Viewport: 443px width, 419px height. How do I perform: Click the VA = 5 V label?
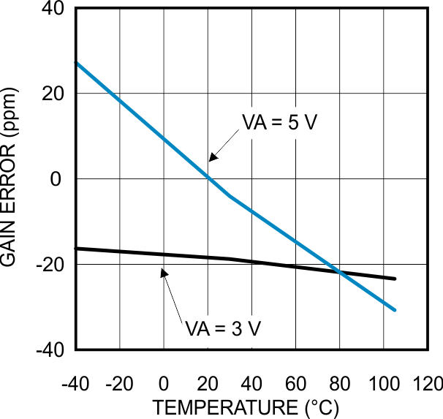click(x=279, y=123)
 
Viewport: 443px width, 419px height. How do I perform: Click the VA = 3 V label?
click(x=223, y=328)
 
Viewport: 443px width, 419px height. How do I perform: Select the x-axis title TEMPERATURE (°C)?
click(x=246, y=407)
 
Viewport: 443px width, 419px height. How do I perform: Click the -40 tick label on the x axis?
click(x=76, y=384)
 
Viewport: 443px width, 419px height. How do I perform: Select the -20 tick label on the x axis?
click(x=120, y=384)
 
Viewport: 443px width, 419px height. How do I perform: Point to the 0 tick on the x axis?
click(x=164, y=384)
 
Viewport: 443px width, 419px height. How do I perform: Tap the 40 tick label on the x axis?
click(x=251, y=384)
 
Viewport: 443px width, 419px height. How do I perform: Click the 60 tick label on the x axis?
click(x=295, y=384)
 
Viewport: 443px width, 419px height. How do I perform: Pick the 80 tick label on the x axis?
click(x=339, y=384)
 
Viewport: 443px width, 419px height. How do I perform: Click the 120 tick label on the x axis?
click(x=427, y=384)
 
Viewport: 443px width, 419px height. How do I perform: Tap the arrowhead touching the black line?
click(x=164, y=272)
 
